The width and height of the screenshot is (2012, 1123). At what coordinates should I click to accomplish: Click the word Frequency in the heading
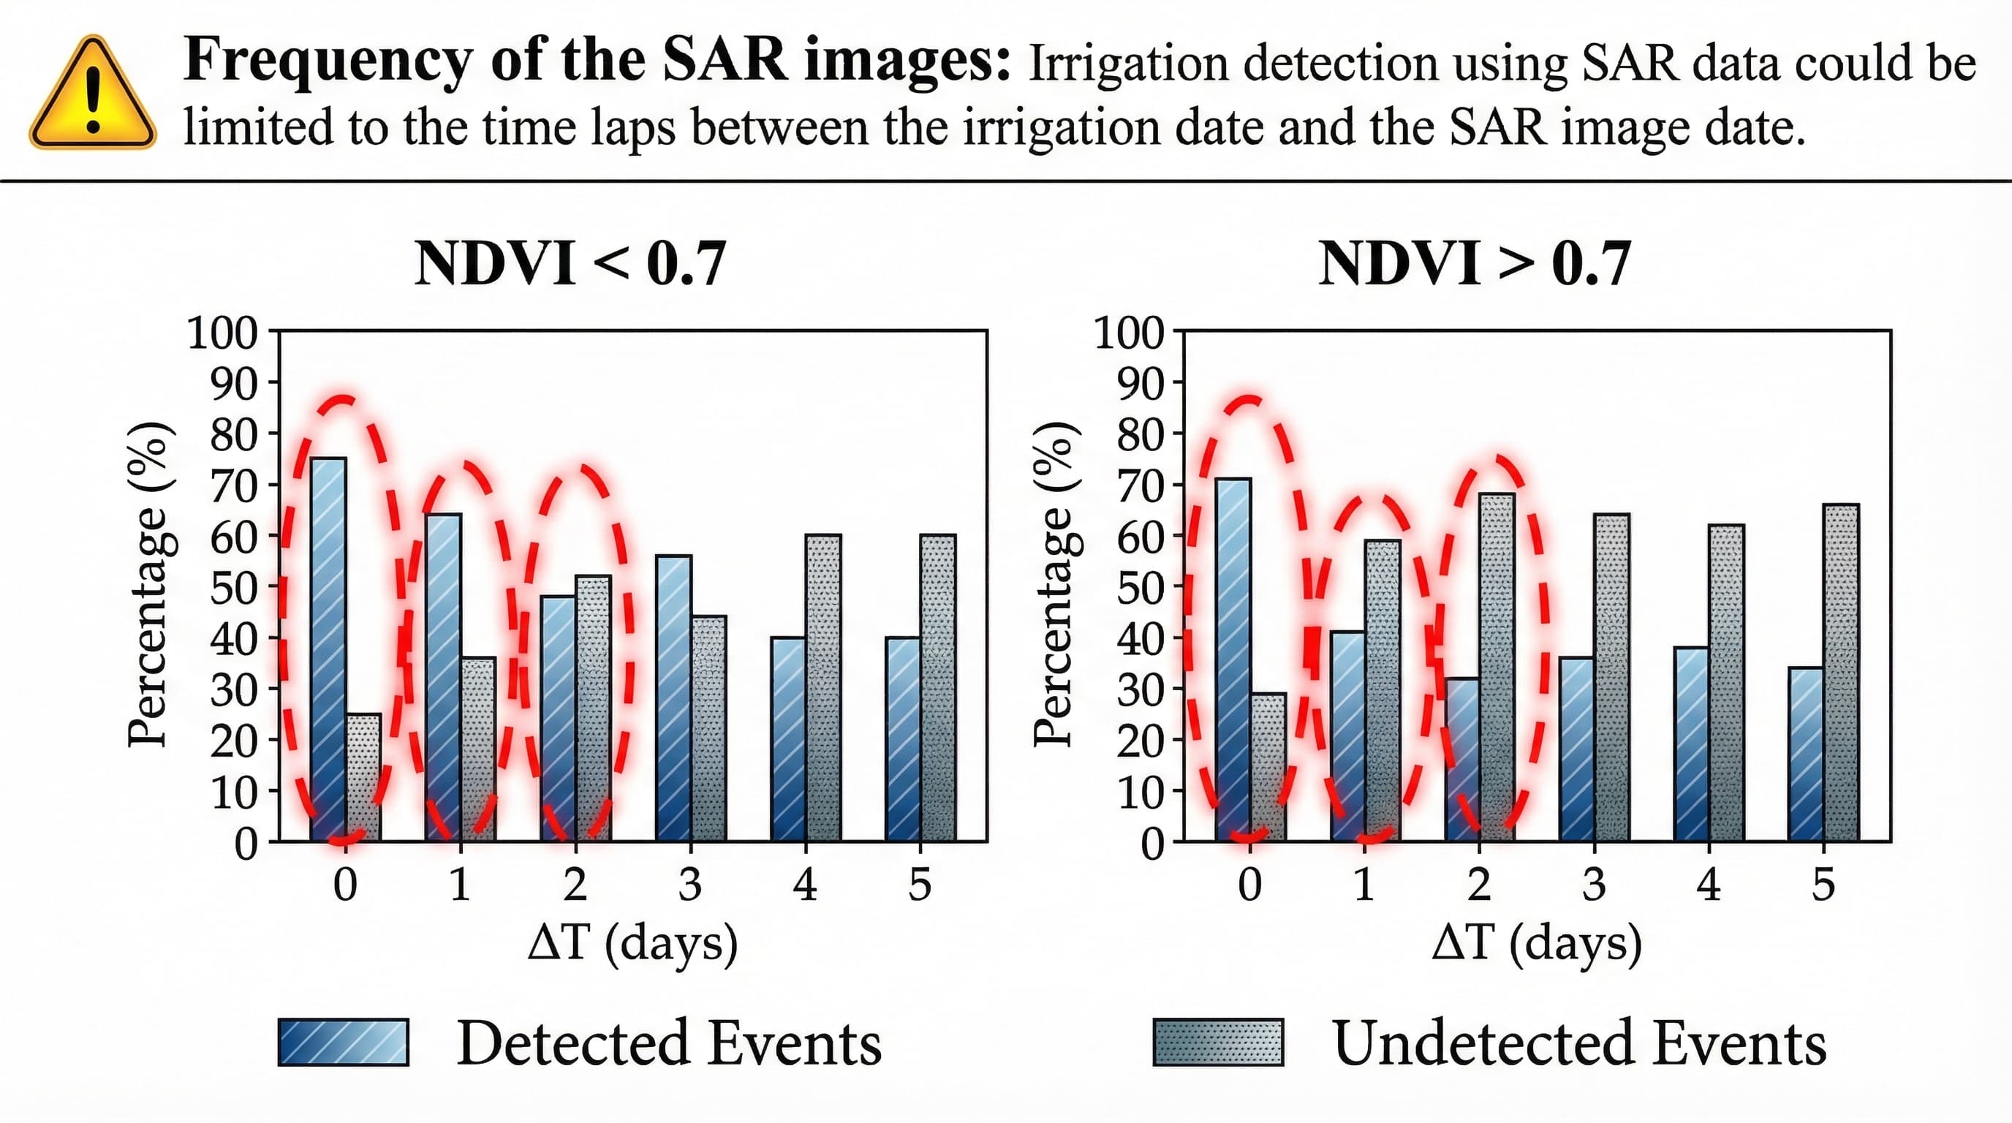point(328,60)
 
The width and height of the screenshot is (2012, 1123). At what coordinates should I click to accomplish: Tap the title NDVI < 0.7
point(570,264)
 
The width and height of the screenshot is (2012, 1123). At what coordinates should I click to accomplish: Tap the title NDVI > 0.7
point(1475,264)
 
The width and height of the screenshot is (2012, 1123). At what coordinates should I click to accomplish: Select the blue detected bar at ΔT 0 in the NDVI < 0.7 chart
point(328,649)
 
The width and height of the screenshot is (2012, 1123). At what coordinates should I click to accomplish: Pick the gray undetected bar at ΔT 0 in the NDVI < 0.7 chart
point(364,777)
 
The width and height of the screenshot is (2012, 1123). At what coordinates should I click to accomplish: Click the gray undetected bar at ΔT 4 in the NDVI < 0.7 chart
point(823,687)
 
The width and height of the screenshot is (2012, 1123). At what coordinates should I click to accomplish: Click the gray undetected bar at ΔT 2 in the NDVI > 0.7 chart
point(1497,668)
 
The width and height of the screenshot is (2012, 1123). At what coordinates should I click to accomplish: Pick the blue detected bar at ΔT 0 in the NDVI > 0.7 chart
point(1233,660)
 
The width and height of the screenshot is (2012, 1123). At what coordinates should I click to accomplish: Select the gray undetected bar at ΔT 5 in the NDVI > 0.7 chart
point(1841,672)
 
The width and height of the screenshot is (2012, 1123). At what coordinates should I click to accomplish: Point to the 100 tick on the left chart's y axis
point(222,333)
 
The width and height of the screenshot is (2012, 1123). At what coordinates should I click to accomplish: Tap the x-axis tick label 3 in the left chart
point(689,885)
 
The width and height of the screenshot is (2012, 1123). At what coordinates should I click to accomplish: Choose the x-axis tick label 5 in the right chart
point(1823,885)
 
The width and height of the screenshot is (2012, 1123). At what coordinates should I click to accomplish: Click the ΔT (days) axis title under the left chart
point(632,943)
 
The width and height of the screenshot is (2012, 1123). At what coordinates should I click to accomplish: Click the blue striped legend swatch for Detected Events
point(344,1042)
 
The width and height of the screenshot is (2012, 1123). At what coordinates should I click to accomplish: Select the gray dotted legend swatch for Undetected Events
point(1219,1042)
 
